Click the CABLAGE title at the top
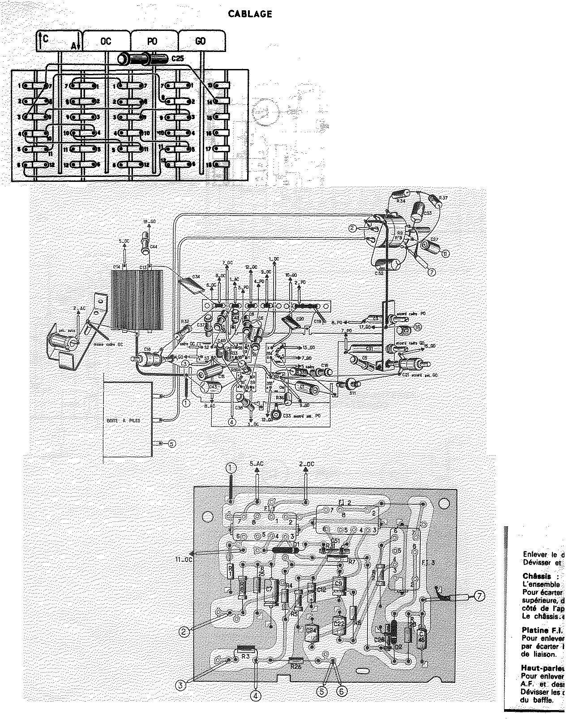coord(250,14)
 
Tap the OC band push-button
coord(106,41)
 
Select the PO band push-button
coord(152,41)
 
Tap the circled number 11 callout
coord(445,254)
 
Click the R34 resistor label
coord(401,201)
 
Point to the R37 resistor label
coord(444,198)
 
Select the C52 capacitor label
coord(379,273)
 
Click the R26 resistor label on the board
coord(295,666)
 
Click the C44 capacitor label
coord(154,247)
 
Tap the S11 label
coord(353,392)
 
